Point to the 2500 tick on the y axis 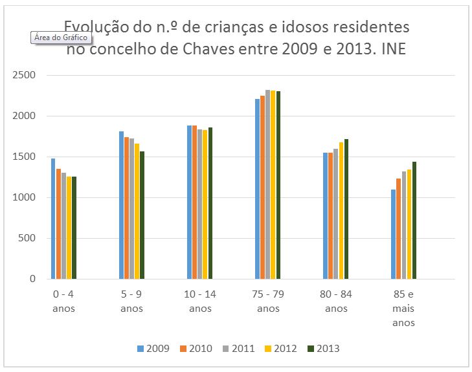click(24, 76)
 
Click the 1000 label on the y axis click(24, 198)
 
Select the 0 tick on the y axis click(32, 279)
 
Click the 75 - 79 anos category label click(268, 301)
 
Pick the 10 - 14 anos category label click(200, 301)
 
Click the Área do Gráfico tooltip click(59, 38)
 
